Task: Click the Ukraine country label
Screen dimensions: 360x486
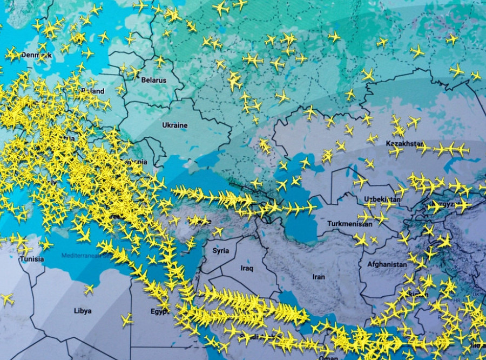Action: (175, 125)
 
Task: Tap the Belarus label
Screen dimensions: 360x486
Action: (154, 80)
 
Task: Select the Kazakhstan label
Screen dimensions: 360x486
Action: (404, 144)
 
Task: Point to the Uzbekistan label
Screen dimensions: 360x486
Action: (382, 199)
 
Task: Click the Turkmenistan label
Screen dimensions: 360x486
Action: (350, 224)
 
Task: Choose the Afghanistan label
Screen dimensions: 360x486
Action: (387, 265)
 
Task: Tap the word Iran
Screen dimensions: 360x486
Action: (319, 277)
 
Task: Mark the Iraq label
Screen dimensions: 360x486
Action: (247, 269)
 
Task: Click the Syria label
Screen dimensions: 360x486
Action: (220, 251)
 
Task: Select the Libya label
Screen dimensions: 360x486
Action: (83, 311)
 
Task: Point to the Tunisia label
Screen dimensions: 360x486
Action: (32, 259)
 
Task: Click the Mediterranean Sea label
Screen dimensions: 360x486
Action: (86, 255)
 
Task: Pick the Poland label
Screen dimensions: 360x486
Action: (92, 91)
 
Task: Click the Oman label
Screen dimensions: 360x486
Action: (329, 357)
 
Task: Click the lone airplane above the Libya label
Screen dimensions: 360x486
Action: (89, 289)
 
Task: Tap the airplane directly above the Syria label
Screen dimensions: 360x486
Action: (218, 231)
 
